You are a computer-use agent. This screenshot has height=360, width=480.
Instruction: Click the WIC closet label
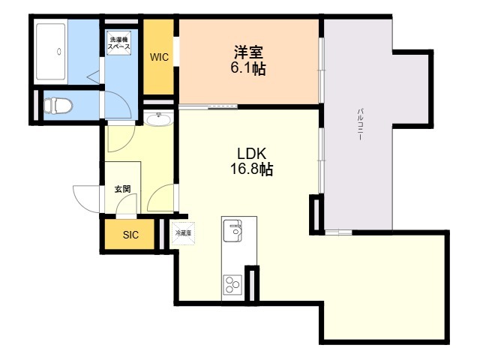[x=159, y=56]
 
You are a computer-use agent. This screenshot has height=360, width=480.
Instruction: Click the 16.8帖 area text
[x=251, y=169]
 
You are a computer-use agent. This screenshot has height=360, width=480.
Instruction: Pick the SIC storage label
[x=130, y=235]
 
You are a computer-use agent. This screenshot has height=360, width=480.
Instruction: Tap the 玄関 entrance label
[x=122, y=189]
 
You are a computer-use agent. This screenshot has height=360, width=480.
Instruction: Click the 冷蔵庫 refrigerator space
[x=184, y=234]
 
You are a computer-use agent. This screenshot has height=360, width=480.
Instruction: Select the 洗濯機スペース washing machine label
[x=120, y=43]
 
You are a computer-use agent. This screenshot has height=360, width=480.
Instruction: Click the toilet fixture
[x=57, y=106]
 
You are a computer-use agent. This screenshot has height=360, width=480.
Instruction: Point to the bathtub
[x=52, y=51]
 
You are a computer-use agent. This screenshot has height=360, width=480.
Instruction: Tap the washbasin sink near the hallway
[x=158, y=119]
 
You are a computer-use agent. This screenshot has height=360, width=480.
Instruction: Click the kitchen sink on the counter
[x=234, y=230]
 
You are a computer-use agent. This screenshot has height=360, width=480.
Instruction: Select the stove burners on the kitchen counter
[x=232, y=283]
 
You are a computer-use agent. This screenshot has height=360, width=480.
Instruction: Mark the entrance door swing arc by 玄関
[x=84, y=196]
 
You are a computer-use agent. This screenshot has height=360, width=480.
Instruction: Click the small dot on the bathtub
[x=58, y=52]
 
